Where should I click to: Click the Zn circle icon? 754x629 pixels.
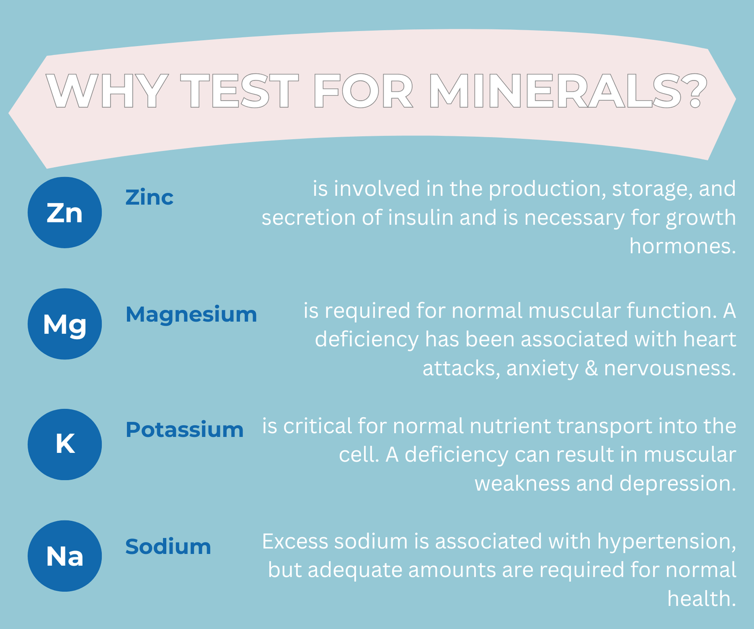[x=65, y=212]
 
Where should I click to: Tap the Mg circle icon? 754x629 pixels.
[x=65, y=324]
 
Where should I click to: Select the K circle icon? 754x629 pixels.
[x=65, y=444]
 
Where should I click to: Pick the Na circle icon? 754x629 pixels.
[x=65, y=556]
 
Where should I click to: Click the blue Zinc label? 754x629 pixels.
[x=149, y=197]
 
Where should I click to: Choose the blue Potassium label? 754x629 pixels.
[x=184, y=429]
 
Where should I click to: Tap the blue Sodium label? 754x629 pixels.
[x=168, y=546]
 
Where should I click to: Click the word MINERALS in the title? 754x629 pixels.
[x=568, y=91]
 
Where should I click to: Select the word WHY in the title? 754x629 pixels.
[x=107, y=91]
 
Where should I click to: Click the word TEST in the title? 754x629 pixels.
[x=239, y=91]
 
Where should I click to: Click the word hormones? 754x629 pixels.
[x=683, y=246]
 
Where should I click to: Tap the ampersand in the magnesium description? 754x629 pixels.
[x=591, y=368]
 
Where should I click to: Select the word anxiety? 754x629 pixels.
[x=542, y=369]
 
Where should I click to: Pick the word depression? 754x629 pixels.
[x=678, y=484]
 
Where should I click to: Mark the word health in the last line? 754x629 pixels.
[x=701, y=599]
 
